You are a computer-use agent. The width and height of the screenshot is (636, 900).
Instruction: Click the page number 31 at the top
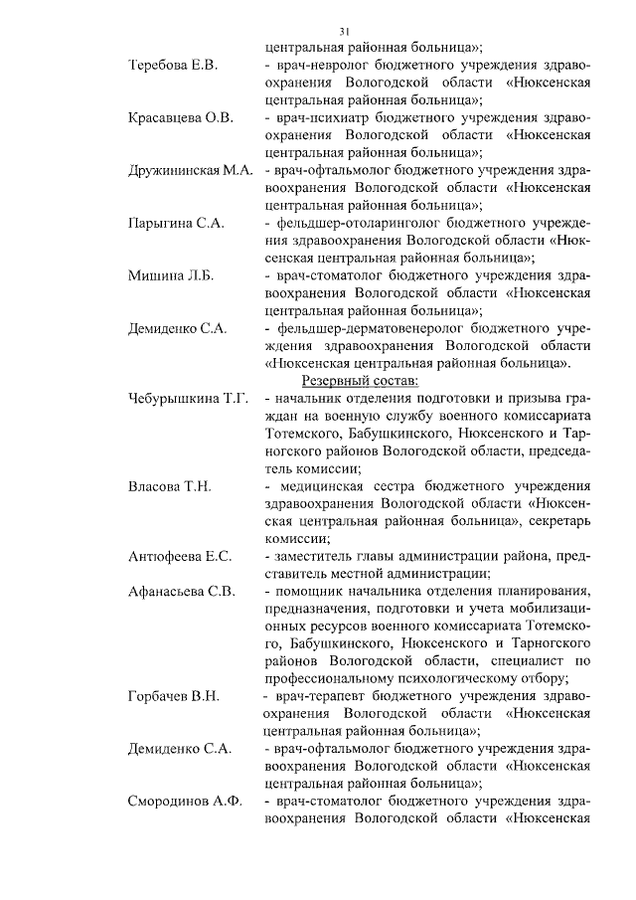click(x=344, y=30)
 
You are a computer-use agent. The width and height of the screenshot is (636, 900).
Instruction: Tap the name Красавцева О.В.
click(x=180, y=118)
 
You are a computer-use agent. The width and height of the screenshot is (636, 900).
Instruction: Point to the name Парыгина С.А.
click(x=177, y=223)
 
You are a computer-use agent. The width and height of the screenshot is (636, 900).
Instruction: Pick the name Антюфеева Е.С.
click(x=180, y=555)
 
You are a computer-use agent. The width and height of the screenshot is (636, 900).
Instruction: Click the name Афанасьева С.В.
click(x=182, y=591)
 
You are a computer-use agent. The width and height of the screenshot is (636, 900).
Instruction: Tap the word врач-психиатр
click(x=318, y=118)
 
